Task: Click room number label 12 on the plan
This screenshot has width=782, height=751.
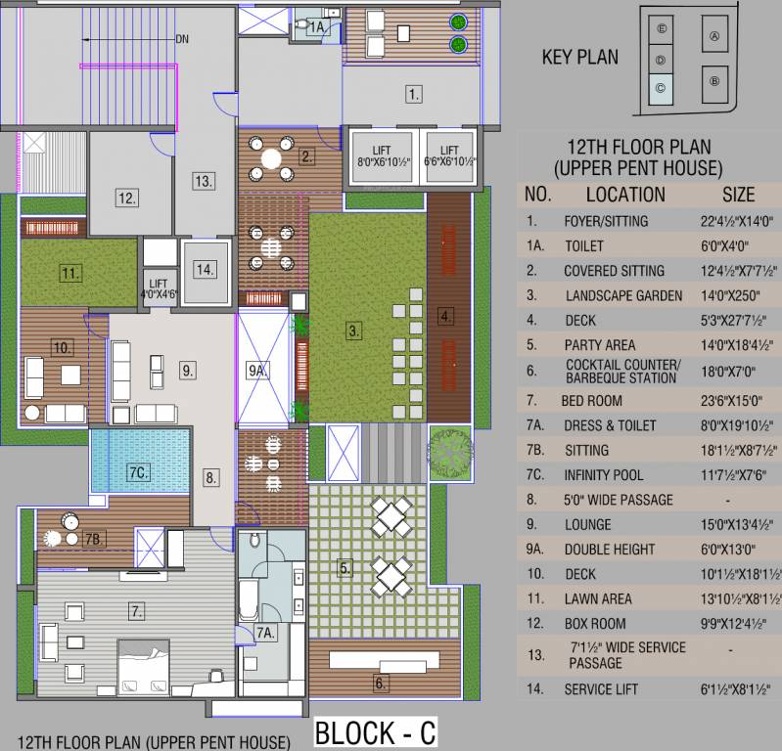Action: [126, 198]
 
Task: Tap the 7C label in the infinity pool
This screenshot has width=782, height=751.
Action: [138, 472]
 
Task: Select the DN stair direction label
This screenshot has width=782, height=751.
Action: [182, 39]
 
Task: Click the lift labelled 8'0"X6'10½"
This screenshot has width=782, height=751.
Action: [383, 156]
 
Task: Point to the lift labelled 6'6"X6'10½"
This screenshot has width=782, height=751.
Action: [449, 156]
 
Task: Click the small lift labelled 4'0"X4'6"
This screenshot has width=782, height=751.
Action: [159, 289]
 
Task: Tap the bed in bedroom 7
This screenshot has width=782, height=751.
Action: [143, 667]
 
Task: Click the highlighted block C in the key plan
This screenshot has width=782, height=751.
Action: [661, 89]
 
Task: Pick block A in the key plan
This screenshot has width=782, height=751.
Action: [714, 34]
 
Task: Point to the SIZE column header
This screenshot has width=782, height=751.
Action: [738, 195]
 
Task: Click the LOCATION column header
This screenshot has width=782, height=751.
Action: [625, 195]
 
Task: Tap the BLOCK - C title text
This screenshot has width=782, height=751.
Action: [376, 732]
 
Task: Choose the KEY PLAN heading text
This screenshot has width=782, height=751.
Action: [580, 57]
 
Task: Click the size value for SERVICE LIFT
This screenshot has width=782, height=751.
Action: [735, 688]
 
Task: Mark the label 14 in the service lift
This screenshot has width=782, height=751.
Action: [205, 270]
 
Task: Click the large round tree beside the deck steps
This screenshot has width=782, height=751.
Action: [450, 452]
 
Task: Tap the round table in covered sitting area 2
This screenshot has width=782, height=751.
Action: [271, 159]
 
